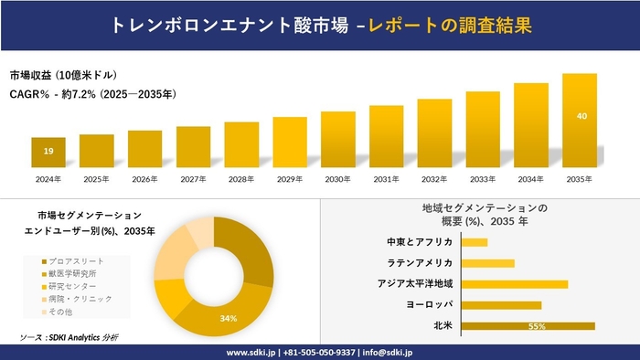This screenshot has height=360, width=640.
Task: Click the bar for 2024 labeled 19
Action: [48, 151]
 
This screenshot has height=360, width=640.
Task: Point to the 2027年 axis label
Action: [194, 179]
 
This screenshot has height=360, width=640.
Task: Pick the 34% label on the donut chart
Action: [229, 318]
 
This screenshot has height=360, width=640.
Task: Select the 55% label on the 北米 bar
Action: [538, 326]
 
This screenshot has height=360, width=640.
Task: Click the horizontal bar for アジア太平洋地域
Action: [515, 284]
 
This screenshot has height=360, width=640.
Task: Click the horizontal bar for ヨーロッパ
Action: [502, 305]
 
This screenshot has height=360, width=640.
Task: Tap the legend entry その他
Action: [75, 312]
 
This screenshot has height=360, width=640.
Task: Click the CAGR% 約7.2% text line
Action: [93, 94]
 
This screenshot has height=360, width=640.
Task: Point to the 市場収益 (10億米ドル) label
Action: [63, 74]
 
